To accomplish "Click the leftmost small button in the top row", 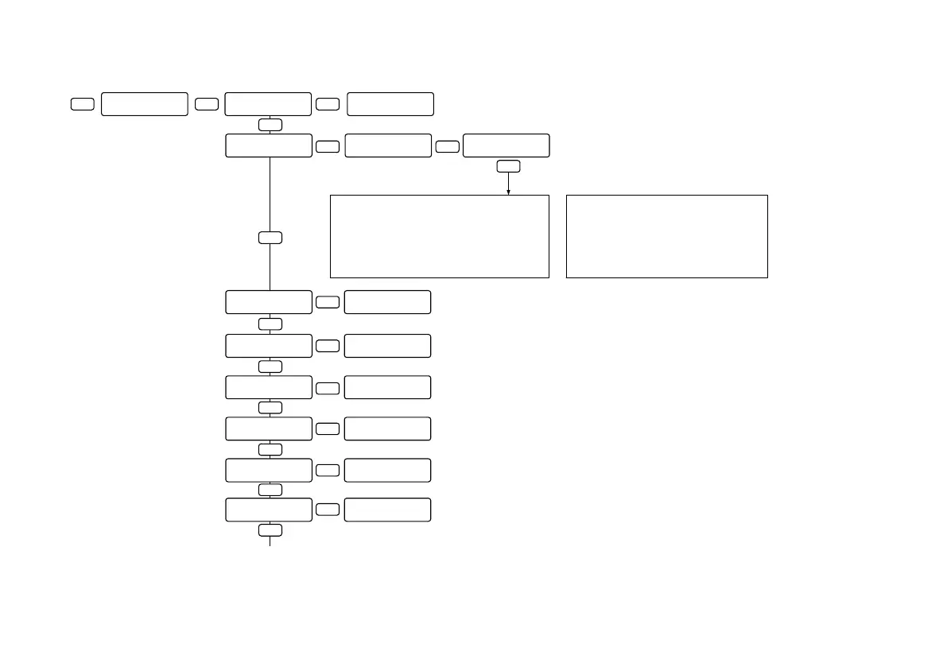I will [83, 104].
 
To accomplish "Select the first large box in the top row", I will [145, 104].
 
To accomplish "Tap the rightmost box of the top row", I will [390, 104].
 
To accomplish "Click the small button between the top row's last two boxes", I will [328, 104].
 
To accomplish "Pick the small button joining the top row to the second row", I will [270, 125].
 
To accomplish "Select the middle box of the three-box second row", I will [389, 145].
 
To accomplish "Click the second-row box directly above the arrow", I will [506, 145].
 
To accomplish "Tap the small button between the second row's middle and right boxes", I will [448, 146].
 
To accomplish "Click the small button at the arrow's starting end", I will [508, 166].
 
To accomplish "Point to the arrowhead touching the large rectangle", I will [508, 192].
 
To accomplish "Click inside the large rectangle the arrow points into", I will [439, 236].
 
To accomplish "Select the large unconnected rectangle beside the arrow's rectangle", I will [666, 236].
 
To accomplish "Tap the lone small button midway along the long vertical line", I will [270, 238].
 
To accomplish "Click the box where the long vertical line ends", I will [269, 302].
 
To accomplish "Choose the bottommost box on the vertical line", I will [269, 510].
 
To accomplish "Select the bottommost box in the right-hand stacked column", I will [388, 510].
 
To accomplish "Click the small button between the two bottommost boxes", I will [328, 510].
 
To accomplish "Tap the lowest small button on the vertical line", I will [270, 530].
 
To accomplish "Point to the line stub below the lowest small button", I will [270, 541].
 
